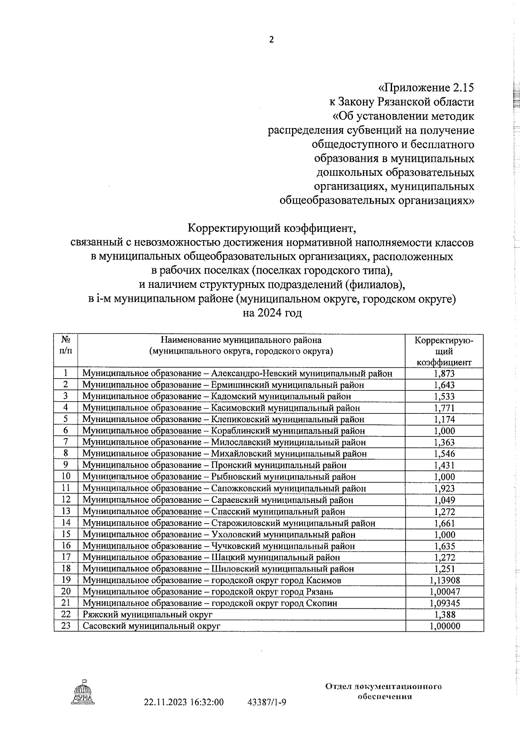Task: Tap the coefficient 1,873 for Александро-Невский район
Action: coord(444,373)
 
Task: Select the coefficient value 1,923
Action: coord(444,488)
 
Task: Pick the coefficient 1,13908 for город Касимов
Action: coord(444,581)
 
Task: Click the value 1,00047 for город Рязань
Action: coord(444,592)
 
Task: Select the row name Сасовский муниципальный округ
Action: coord(152,626)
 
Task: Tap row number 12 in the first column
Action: coord(66,500)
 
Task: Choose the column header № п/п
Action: coord(66,345)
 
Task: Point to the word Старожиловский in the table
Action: coord(244,523)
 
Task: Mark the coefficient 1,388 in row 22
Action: coord(444,615)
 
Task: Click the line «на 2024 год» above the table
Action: coord(272,313)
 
